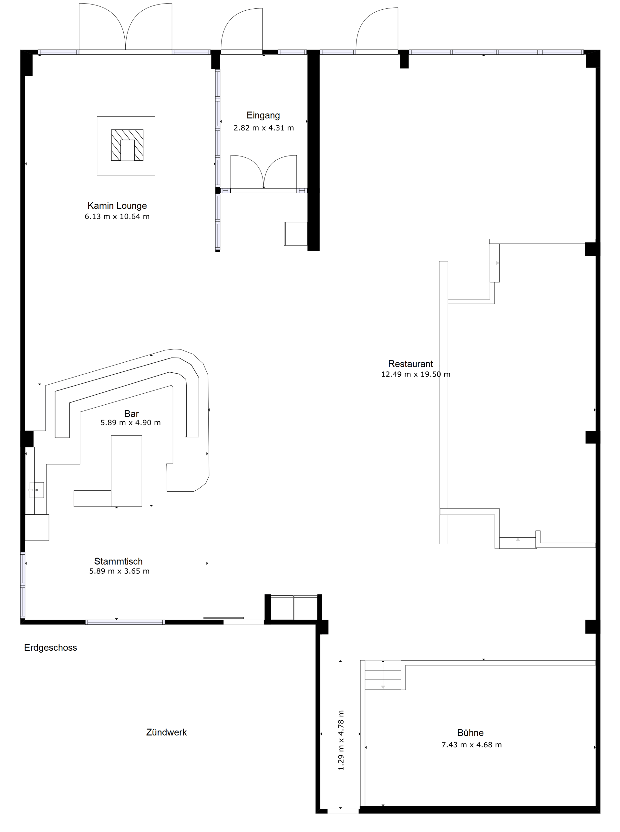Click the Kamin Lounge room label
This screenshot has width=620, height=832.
pyautogui.click(x=117, y=206)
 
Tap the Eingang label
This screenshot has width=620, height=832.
pyautogui.click(x=263, y=115)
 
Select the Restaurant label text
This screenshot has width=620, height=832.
pyautogui.click(x=410, y=364)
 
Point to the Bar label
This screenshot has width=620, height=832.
pyautogui.click(x=131, y=413)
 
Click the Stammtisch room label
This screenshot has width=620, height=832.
pyautogui.click(x=118, y=561)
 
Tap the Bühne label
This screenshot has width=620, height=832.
pyautogui.click(x=470, y=732)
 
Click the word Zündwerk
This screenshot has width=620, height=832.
pyautogui.click(x=166, y=732)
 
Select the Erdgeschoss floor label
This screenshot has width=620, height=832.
pyautogui.click(x=51, y=647)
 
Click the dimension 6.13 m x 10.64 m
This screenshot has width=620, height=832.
pyautogui.click(x=117, y=216)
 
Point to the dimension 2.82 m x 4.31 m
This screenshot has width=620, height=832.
pyautogui.click(x=263, y=128)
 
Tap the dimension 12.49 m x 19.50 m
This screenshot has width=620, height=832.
pyautogui.click(x=416, y=374)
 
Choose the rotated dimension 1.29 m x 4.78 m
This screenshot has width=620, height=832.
pyautogui.click(x=341, y=740)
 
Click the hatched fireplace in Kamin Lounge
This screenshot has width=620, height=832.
pyautogui.click(x=127, y=145)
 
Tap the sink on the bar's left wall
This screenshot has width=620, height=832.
pyautogui.click(x=36, y=490)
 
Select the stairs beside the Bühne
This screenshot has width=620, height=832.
pyautogui.click(x=383, y=675)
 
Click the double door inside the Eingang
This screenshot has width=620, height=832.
pyautogui.click(x=263, y=173)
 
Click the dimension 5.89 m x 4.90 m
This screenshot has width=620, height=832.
pyautogui.click(x=130, y=422)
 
